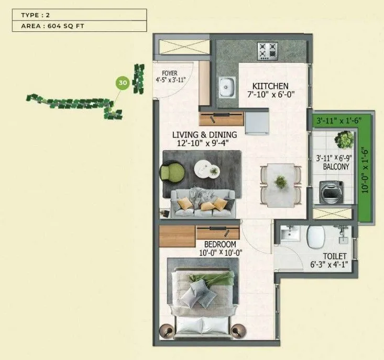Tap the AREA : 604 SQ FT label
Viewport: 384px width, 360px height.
80,26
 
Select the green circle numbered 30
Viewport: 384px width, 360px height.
122,83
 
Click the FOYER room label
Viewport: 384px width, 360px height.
169,73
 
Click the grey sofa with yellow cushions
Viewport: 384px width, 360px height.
202,204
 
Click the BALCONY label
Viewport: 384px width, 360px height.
336,167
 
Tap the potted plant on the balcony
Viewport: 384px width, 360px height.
345,140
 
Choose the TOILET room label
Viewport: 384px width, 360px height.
334,256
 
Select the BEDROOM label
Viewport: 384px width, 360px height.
220,244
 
